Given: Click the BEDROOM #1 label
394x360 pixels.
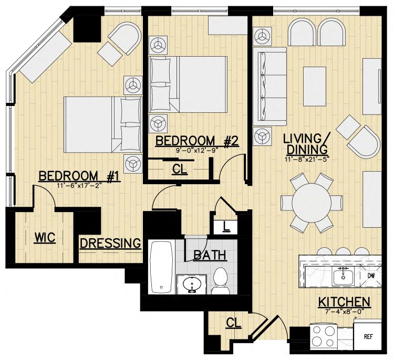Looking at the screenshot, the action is (x=80, y=176).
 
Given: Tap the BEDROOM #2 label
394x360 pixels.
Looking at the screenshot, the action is (x=197, y=141).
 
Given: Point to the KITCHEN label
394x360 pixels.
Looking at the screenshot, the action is (x=344, y=302).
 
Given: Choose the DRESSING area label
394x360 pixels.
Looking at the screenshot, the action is (x=110, y=243).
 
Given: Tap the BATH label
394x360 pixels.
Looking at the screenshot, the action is (x=210, y=256).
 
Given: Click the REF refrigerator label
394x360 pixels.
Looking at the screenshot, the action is (x=368, y=337).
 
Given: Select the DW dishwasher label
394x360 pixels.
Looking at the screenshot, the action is (x=371, y=276).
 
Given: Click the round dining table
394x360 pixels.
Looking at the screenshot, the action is (x=312, y=203).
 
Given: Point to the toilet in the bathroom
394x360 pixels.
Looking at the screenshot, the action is (x=220, y=281).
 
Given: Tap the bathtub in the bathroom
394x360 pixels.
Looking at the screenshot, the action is (x=161, y=267).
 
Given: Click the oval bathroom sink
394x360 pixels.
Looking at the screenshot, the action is (x=192, y=285).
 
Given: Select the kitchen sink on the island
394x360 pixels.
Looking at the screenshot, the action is (x=343, y=276).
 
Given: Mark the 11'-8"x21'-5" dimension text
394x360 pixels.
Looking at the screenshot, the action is (x=307, y=158).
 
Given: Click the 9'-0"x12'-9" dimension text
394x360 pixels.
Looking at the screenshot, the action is (x=197, y=150).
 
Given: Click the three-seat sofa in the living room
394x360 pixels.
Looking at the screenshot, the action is (x=270, y=86).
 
